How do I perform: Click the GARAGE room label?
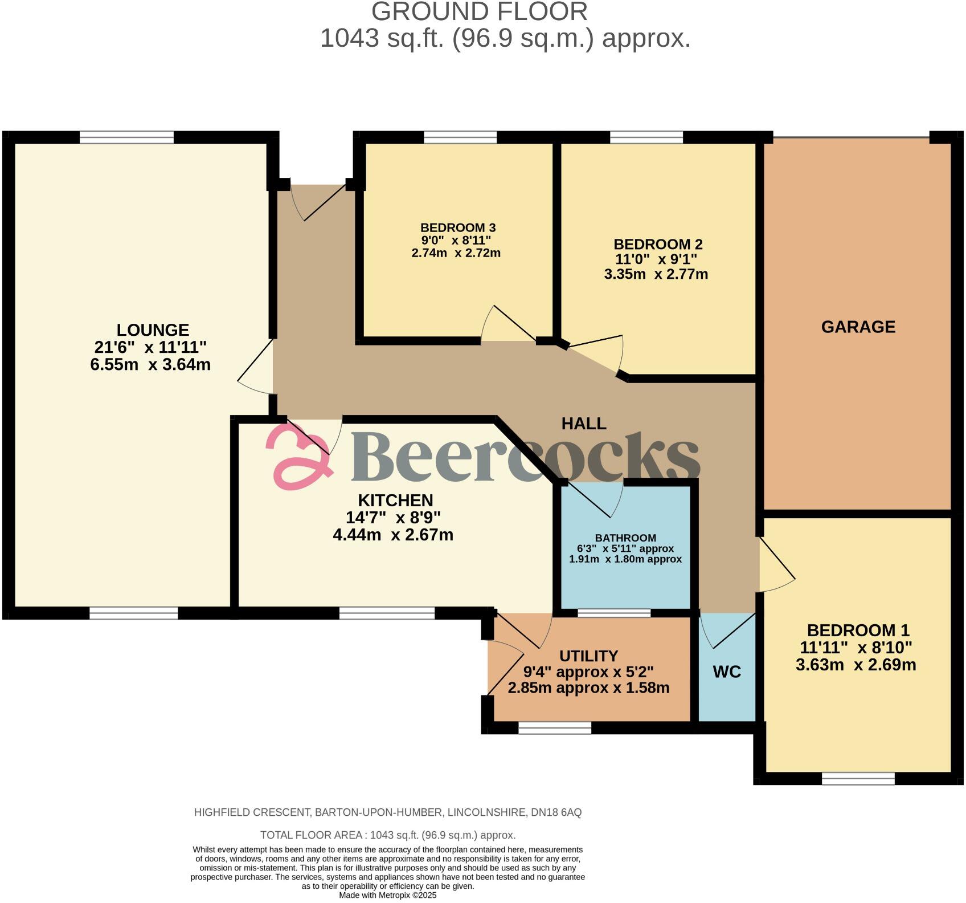858,327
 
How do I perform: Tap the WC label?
727,672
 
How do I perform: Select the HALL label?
584,424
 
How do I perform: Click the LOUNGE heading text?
153,330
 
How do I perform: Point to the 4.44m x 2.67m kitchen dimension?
393,535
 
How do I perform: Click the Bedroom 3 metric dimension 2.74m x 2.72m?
456,253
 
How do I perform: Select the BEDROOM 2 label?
658,244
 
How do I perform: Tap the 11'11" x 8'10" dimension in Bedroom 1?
856,648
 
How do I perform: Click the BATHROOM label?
625,538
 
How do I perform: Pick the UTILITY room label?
588,656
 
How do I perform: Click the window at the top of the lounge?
126,137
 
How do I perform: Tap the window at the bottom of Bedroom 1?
858,778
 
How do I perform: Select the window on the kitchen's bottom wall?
387,613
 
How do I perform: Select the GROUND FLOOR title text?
480,12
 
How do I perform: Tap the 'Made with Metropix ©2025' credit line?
387,896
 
